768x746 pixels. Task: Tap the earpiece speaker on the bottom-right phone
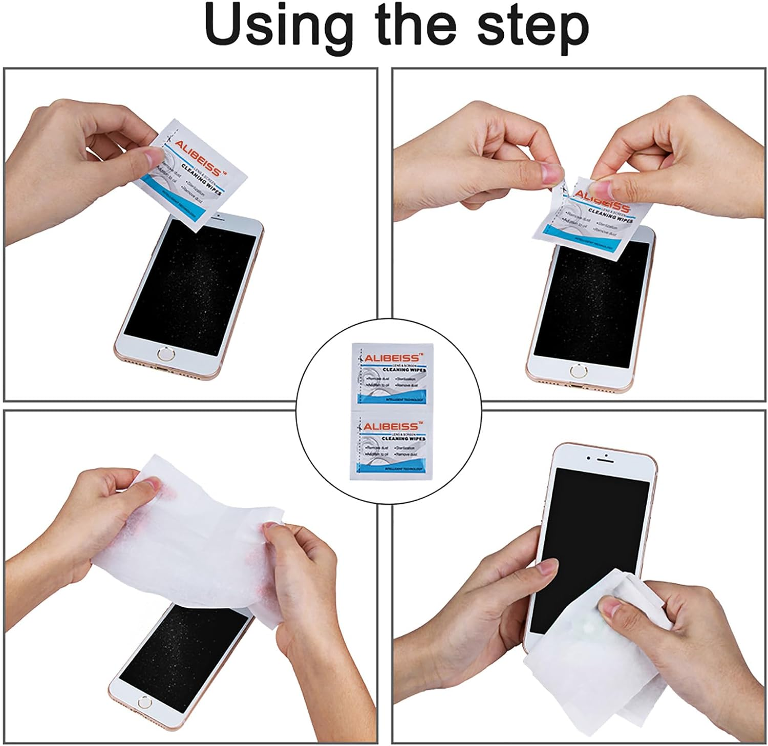tap(606, 455)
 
